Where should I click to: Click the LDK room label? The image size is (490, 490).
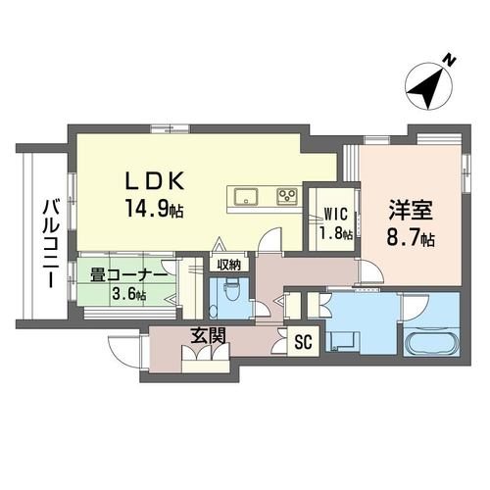click(x=155, y=181)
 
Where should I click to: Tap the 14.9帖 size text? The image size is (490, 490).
click(x=154, y=209)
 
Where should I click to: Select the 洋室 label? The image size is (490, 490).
click(x=411, y=211)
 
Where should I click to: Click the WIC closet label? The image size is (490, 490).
click(x=335, y=215)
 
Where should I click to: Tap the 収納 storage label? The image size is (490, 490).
click(x=229, y=265)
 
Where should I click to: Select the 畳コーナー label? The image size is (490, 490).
click(x=129, y=277)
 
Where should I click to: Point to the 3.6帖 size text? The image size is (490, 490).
click(x=129, y=294)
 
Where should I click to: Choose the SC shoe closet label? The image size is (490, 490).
click(x=304, y=342)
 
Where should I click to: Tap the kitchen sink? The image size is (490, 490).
click(x=246, y=196)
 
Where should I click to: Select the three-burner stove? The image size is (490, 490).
click(x=287, y=196)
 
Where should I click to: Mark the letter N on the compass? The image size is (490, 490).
click(x=450, y=61)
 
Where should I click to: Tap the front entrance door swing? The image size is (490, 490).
click(x=124, y=351)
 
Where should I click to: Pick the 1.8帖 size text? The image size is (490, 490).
click(x=336, y=234)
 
